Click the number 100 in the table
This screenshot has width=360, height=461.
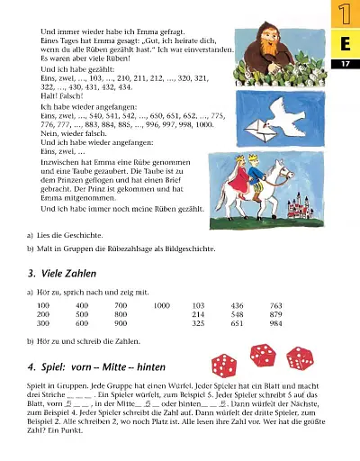(x=43, y=305)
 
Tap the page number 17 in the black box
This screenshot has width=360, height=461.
(x=345, y=65)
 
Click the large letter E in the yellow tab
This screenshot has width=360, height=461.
(x=345, y=44)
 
